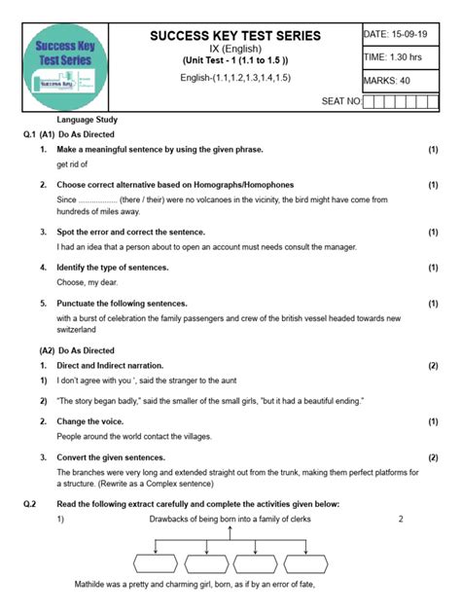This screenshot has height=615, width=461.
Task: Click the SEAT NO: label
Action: point(340,100)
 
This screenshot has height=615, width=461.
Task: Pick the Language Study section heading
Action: point(87,120)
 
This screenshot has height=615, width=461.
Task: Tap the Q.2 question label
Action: point(30,503)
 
